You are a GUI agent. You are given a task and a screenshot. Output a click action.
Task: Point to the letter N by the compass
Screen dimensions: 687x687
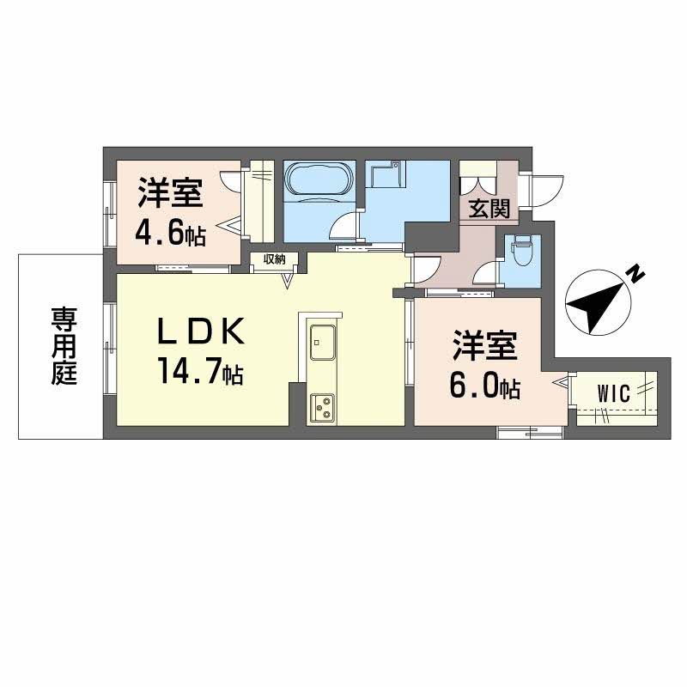pyautogui.click(x=635, y=274)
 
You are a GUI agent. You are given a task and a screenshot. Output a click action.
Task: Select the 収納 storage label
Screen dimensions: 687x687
pyautogui.click(x=274, y=258)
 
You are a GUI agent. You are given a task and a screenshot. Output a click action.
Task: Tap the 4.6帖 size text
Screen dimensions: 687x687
pyautogui.click(x=171, y=234)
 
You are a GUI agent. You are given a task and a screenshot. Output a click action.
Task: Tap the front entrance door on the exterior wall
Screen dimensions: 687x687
pyautogui.click(x=544, y=189)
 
